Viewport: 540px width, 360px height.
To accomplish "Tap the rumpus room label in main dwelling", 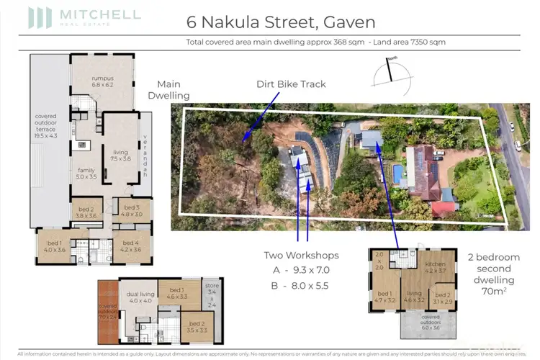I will [x=102, y=81].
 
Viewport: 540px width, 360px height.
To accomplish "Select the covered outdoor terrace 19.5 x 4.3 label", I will [x=50, y=125].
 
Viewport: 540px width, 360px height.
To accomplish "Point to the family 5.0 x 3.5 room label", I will [x=86, y=174].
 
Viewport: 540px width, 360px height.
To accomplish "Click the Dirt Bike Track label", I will [x=291, y=84].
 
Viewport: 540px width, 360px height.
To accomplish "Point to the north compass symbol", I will [x=390, y=70].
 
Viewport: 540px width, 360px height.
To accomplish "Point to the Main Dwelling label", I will [x=168, y=89].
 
